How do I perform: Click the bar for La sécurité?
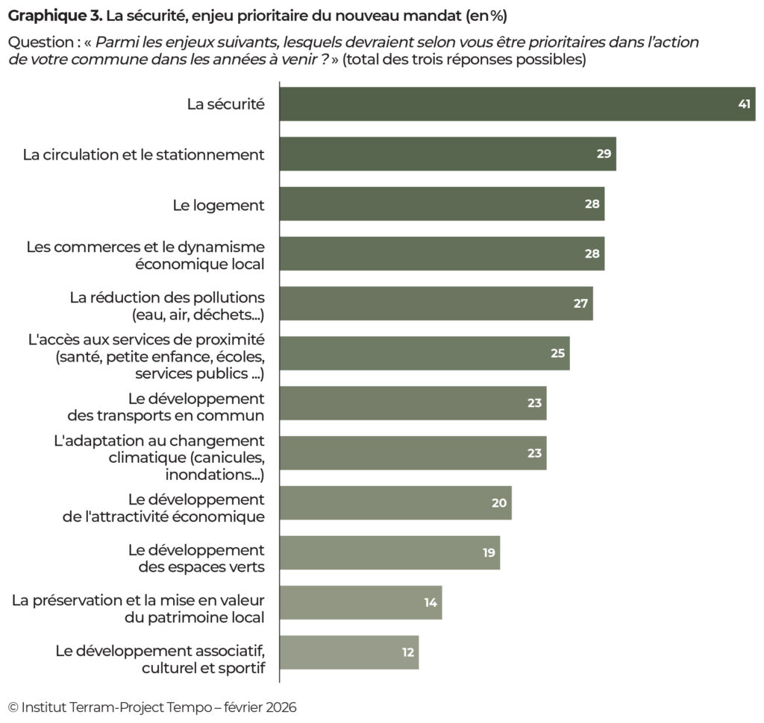tap(516, 104)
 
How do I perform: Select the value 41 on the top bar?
tap(744, 104)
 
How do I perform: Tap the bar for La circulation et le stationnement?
tap(448, 154)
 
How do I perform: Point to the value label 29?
tap(604, 154)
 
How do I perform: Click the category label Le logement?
tap(219, 204)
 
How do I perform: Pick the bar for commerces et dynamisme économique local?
tap(442, 253)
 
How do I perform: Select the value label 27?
tap(580, 303)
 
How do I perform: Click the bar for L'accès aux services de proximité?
tap(424, 353)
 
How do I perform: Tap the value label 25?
tap(557, 353)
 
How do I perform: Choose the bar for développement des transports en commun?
tap(413, 403)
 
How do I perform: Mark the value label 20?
tap(499, 502)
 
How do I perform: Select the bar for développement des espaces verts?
tap(389, 552)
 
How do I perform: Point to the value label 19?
tap(488, 552)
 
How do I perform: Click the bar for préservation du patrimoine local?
tap(360, 602)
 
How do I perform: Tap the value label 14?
tap(430, 602)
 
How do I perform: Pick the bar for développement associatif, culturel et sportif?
tap(349, 652)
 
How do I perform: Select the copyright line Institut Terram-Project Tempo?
tap(152, 707)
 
